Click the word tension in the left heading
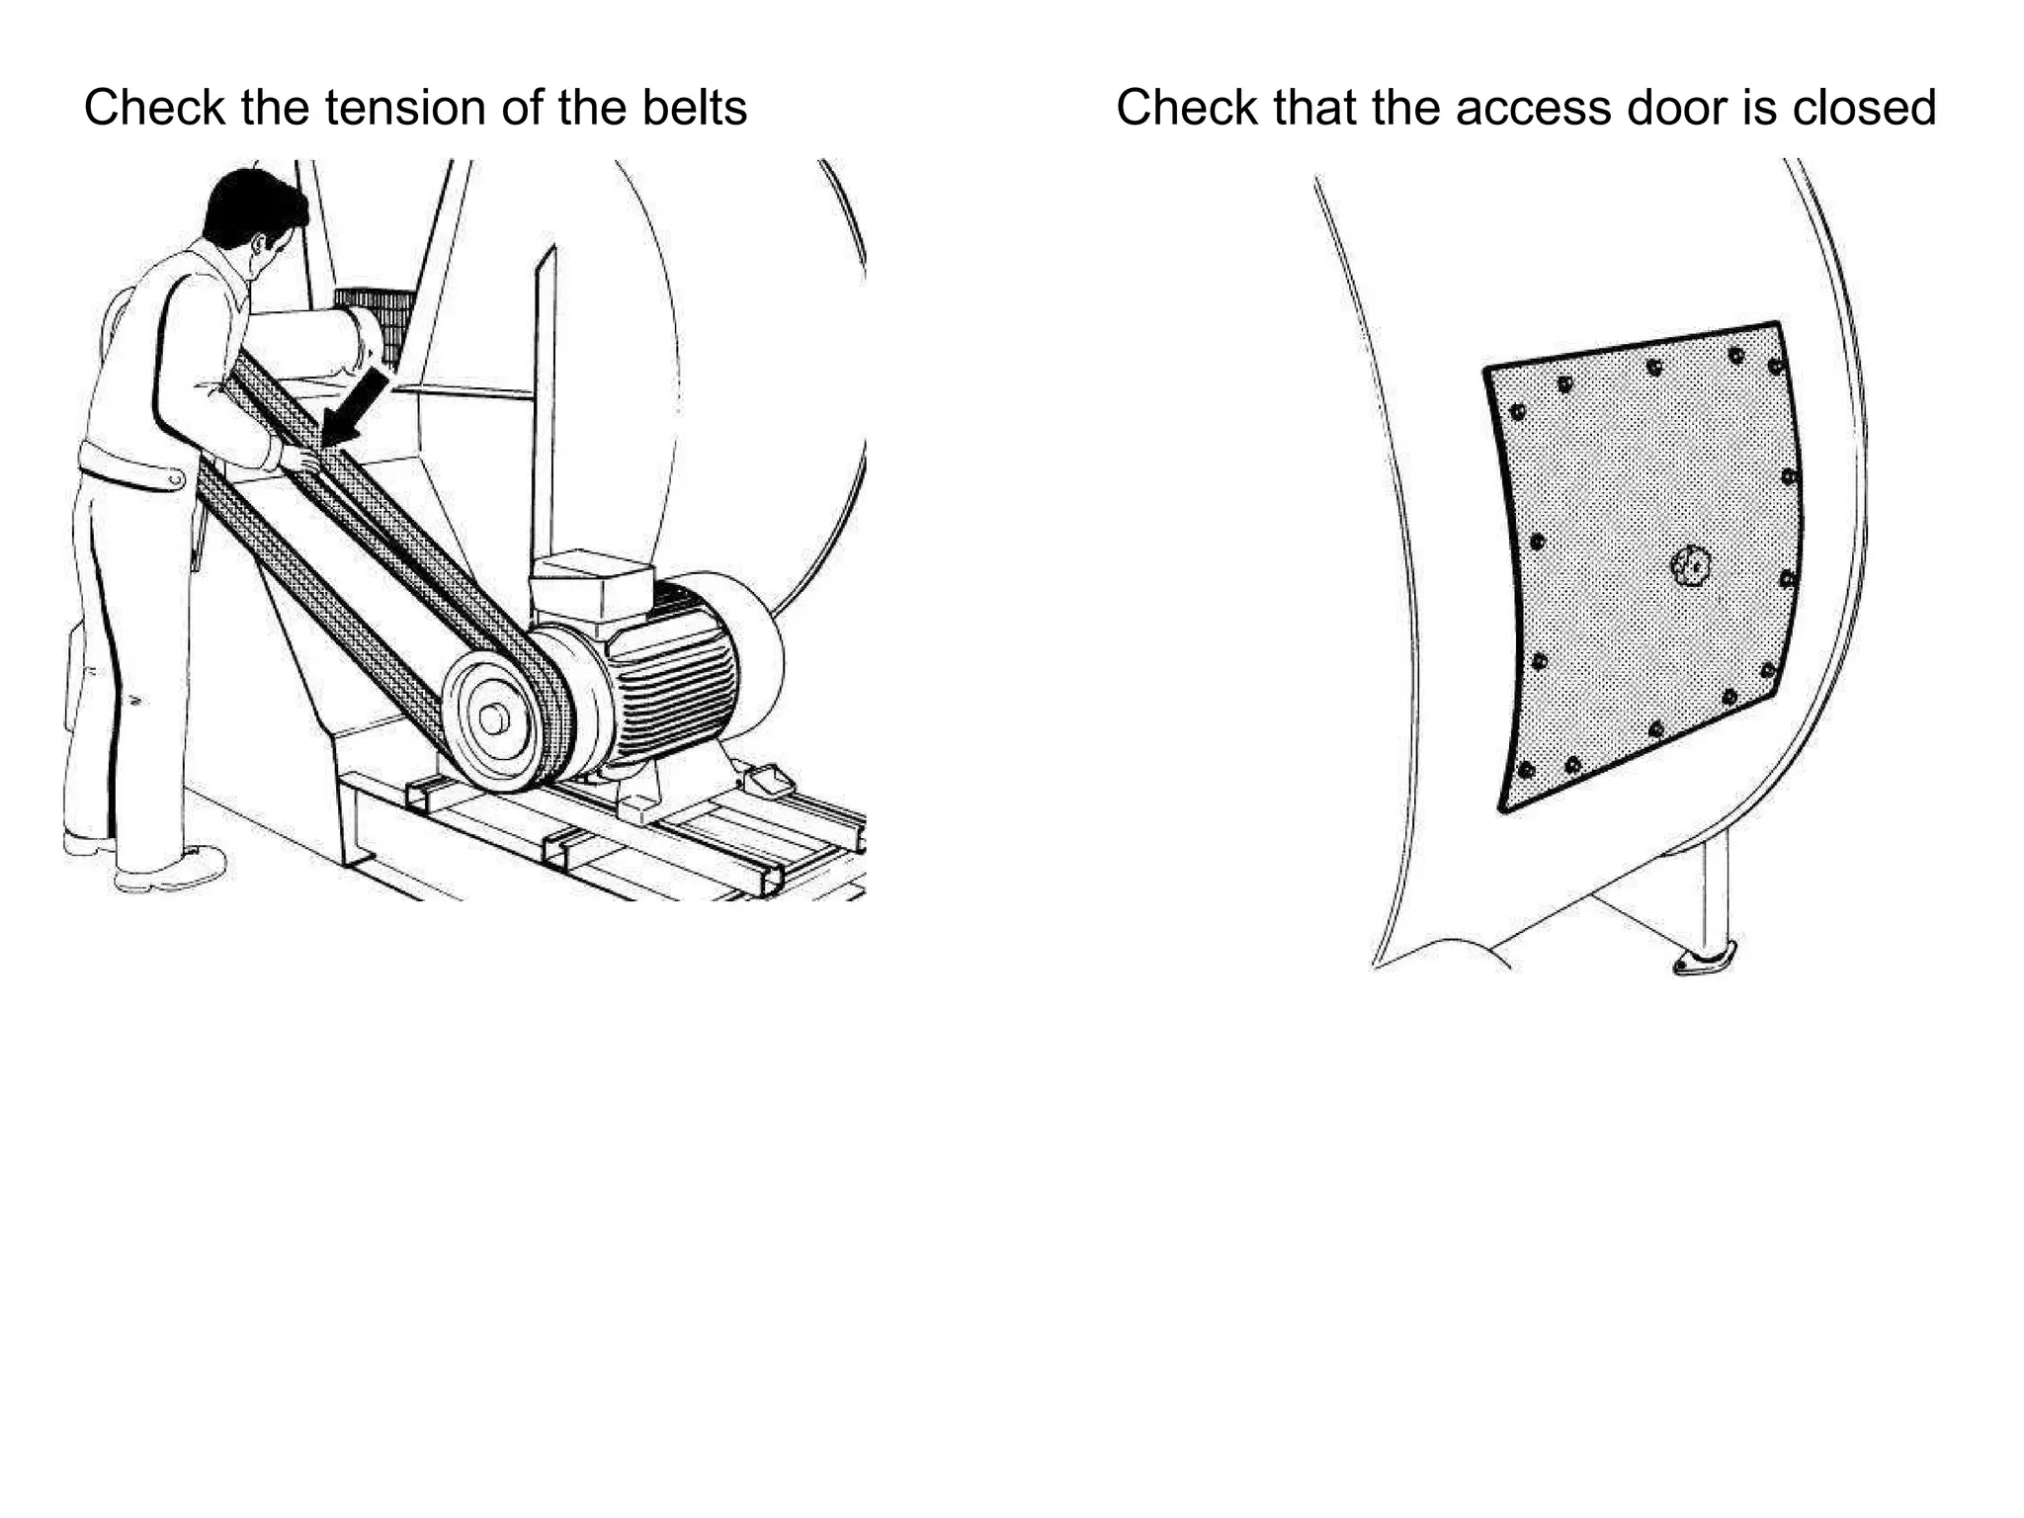(x=406, y=108)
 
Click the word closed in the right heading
(x=1864, y=108)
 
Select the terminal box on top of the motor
(x=590, y=583)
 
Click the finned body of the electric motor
(x=672, y=672)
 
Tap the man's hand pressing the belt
(x=296, y=458)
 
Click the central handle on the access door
(x=1691, y=566)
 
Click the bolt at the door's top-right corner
(x=1775, y=367)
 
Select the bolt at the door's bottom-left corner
(x=1527, y=769)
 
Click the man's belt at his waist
(x=128, y=467)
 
